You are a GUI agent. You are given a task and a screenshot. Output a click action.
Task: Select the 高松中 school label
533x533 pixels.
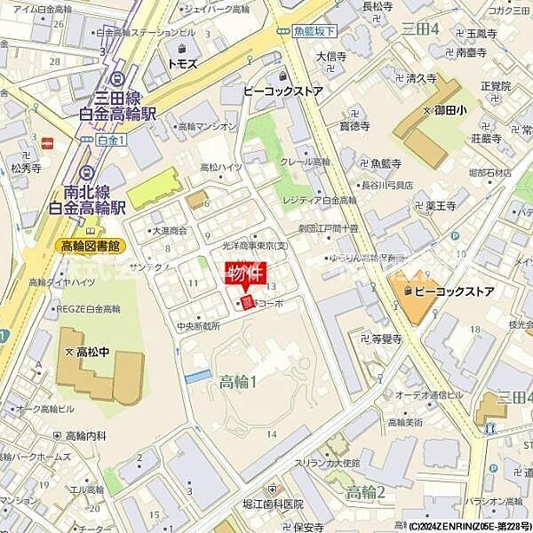[93, 352]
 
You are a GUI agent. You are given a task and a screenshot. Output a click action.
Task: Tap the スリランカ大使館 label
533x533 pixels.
[332, 463]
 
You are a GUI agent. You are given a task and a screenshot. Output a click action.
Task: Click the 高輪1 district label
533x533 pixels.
[238, 382]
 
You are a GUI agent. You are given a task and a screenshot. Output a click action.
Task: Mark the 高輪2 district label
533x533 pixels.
[365, 492]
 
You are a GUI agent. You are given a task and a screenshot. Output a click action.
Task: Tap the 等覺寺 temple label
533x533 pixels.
[387, 339]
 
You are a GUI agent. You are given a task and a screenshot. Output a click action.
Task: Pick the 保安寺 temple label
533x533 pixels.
[308, 526]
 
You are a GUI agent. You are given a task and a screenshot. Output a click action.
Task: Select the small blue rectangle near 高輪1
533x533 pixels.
[198, 377]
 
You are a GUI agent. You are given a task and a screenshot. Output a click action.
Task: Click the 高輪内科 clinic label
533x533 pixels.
[85, 436]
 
